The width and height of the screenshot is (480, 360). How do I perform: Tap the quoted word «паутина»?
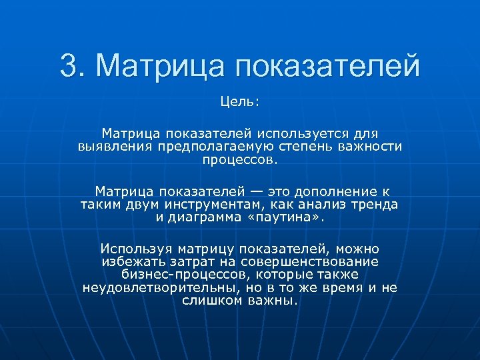point(292,217)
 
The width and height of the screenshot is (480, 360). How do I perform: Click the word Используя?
point(135,249)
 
